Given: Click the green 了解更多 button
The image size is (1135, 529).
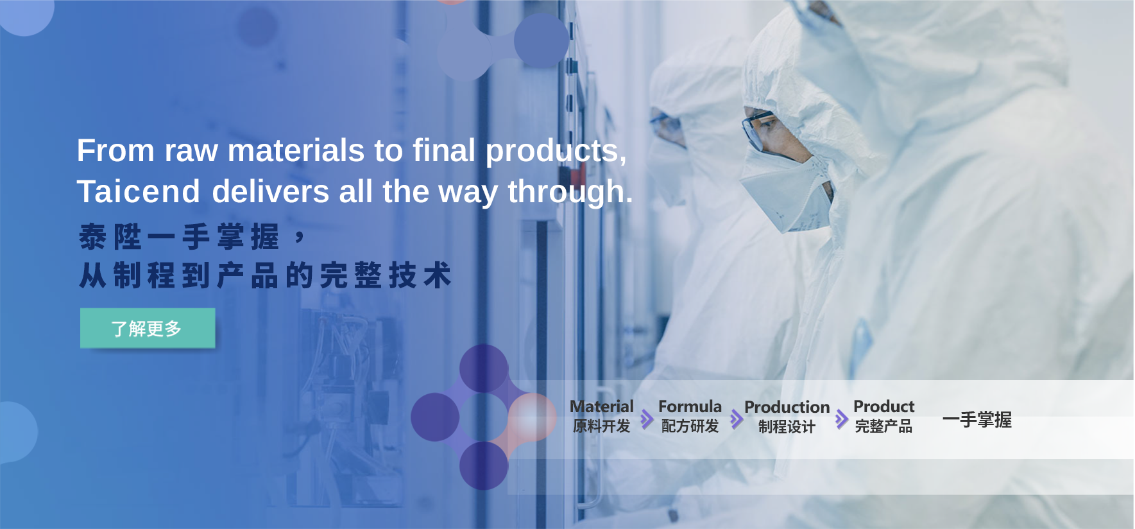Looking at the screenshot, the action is click(148, 328).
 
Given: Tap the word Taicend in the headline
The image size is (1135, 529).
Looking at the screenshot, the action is click(139, 191).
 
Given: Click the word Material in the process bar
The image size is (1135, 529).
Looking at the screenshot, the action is click(602, 406).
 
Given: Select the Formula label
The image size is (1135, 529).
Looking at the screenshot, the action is click(690, 406).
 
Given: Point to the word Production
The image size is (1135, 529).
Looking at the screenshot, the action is click(787, 407).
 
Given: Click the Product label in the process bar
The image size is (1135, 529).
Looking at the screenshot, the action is click(883, 406).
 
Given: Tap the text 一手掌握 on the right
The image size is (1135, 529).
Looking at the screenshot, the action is click(977, 420).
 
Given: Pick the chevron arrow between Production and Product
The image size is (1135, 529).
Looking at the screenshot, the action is click(842, 420).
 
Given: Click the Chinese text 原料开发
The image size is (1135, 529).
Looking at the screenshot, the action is click(602, 426).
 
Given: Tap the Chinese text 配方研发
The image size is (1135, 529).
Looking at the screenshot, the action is click(690, 426).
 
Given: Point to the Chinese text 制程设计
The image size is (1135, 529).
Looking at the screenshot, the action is click(787, 427).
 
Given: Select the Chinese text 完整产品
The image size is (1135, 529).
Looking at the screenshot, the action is click(883, 426).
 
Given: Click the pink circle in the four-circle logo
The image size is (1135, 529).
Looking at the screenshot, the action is click(532, 417).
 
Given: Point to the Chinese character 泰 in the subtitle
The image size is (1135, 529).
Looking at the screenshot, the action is click(92, 237).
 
